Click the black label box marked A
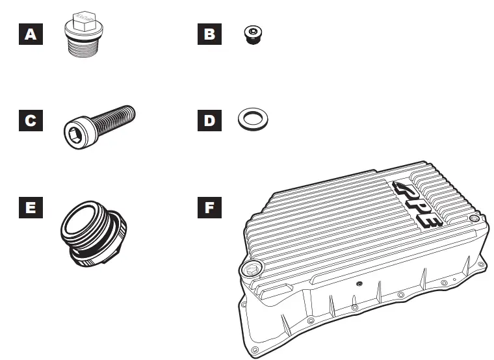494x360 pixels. point(31,34)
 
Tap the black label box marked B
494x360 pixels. point(209,34)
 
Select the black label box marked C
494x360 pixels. point(31,121)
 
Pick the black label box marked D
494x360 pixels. point(209,121)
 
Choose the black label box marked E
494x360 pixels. point(31,208)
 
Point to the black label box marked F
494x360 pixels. point(209,208)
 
